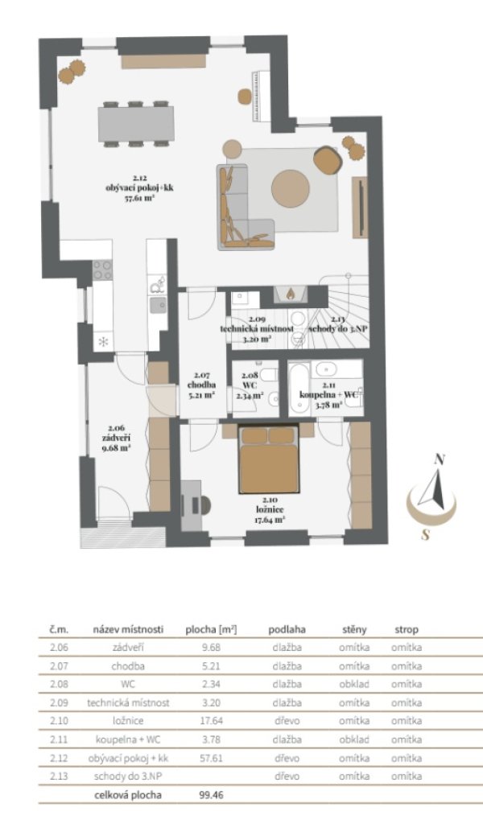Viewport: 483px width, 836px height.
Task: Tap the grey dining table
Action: point(136,124)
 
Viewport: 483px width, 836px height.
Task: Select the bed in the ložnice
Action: point(268,459)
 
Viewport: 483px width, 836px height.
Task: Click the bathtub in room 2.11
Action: point(299,388)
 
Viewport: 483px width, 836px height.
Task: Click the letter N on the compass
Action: point(440,459)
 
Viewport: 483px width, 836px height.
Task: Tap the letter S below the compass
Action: point(425,534)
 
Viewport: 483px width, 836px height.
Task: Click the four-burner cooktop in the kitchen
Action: point(102,270)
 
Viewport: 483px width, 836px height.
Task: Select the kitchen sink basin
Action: point(158,306)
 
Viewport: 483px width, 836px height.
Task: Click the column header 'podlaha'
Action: point(287,629)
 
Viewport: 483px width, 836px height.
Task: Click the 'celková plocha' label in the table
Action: point(128,795)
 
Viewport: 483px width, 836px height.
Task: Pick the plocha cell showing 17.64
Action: point(212,721)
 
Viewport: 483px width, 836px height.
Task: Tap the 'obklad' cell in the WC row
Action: point(354,684)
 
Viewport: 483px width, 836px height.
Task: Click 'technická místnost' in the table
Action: point(128,702)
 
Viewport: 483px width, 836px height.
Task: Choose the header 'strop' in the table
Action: point(407,630)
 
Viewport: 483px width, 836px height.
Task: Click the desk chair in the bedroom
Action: point(204,504)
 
